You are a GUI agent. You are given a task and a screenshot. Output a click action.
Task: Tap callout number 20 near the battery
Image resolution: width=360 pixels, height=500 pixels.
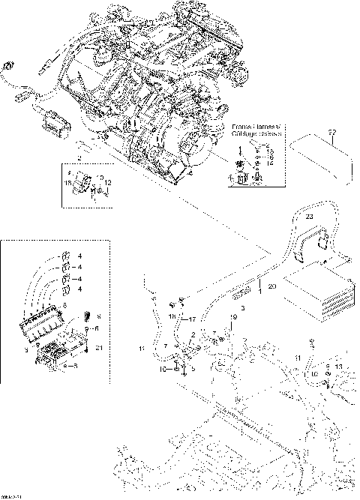tap(272, 287)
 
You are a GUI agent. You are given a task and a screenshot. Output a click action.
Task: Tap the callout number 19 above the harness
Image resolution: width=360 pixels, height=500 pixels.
tap(233, 318)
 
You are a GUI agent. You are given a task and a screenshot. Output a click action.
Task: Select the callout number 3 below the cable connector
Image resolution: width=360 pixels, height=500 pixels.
tap(241, 309)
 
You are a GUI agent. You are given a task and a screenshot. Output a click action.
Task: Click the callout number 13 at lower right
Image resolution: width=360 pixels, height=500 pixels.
tap(340, 366)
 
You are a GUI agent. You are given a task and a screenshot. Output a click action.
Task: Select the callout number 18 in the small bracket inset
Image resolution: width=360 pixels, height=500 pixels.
tap(68, 182)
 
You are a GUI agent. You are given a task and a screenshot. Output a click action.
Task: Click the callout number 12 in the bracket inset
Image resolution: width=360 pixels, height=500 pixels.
tap(109, 182)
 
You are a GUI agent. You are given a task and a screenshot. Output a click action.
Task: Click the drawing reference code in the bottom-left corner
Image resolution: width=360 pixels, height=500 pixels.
tap(10, 496)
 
